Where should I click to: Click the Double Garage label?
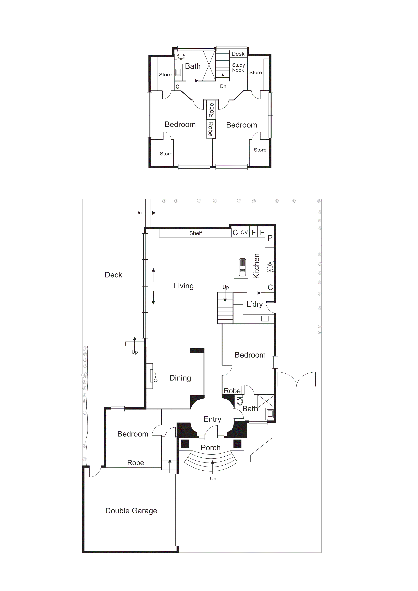click(x=131, y=511)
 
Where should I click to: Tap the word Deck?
click(x=113, y=275)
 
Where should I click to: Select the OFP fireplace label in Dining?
click(x=155, y=377)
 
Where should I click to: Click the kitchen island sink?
click(x=242, y=267)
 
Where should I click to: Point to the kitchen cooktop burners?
click(x=270, y=267)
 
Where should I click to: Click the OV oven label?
click(x=244, y=232)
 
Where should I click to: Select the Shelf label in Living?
click(x=195, y=233)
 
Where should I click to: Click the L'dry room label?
click(x=255, y=304)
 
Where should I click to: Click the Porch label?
click(x=211, y=448)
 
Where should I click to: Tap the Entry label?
click(x=212, y=419)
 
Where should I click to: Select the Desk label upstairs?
click(x=238, y=54)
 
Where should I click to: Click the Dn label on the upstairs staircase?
click(x=223, y=87)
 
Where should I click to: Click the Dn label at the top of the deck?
click(x=138, y=213)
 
